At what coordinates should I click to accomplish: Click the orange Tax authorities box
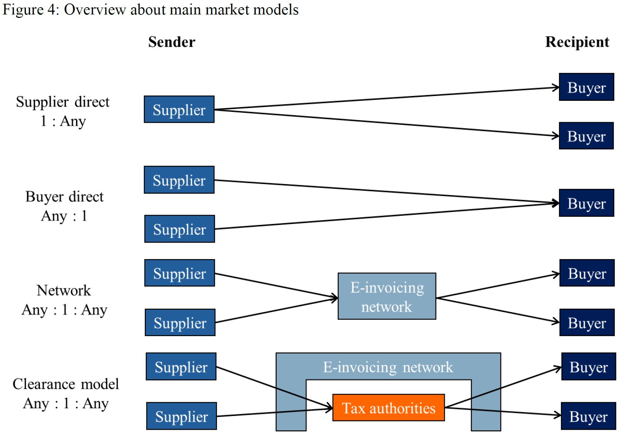point(388,408)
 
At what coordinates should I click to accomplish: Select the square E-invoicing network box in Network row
point(387,296)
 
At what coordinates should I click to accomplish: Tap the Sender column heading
point(172,42)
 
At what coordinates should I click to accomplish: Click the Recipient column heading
point(577,42)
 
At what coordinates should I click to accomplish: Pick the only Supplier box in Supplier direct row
point(179,109)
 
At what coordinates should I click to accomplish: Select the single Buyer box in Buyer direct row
point(586,203)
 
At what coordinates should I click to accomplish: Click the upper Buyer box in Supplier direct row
point(586,87)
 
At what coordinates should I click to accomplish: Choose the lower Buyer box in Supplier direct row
point(586,136)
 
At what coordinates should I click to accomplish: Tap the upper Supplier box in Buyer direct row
point(179,180)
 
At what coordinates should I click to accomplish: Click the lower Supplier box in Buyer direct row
point(179,229)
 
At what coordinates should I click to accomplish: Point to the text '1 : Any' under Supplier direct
point(63,121)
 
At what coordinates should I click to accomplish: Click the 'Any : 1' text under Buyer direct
point(64,216)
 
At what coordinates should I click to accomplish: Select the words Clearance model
point(66,384)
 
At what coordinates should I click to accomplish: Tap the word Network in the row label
point(64,290)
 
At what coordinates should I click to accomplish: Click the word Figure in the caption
point(22,9)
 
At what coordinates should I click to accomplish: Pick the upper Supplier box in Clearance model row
point(181,367)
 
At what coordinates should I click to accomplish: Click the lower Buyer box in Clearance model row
point(588,416)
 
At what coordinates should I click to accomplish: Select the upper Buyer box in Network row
point(587,273)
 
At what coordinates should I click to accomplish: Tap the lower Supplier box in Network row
point(180,323)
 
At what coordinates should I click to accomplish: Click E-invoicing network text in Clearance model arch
point(388,367)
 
